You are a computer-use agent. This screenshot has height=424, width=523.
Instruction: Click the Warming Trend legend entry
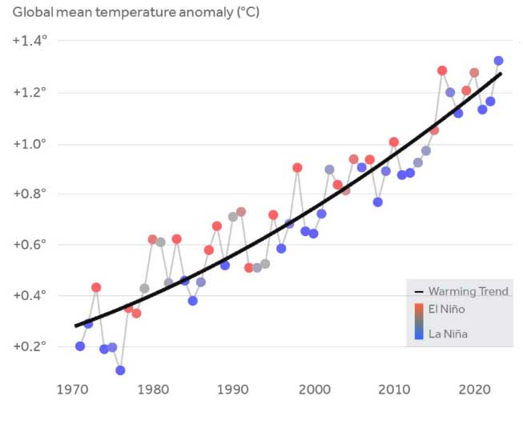[x=468, y=291]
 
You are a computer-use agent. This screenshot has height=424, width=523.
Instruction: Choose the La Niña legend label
[x=448, y=334]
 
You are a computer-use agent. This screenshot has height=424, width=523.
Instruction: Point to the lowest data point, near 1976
[x=120, y=370]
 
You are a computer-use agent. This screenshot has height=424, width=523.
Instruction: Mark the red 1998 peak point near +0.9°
[x=297, y=168]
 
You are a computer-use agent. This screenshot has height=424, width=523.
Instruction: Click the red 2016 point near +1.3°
[x=442, y=70]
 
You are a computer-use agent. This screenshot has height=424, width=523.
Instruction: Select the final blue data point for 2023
[x=498, y=61]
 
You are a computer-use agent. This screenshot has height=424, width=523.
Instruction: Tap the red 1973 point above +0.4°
[x=96, y=287]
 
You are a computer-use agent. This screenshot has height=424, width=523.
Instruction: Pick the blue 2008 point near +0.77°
[x=377, y=202]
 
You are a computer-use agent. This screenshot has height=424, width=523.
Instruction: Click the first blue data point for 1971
[x=80, y=346]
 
